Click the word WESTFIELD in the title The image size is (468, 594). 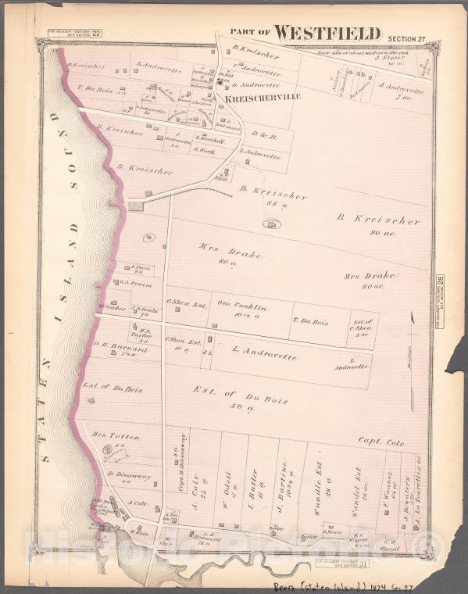pyautogui.click(x=327, y=33)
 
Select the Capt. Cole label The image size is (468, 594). pyautogui.click(x=383, y=442)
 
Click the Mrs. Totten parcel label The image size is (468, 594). pyautogui.click(x=109, y=435)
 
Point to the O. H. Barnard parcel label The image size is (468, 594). pyautogui.click(x=115, y=350)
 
